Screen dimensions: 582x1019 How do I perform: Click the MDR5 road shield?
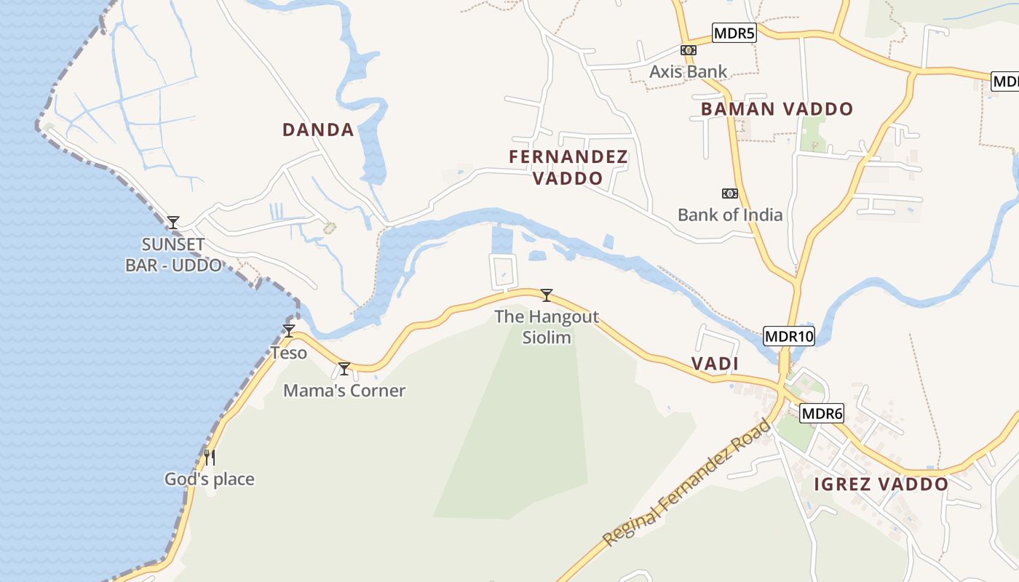pos(734,33)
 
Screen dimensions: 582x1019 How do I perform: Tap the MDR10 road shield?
pos(789,337)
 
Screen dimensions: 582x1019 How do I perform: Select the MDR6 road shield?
pos(822,414)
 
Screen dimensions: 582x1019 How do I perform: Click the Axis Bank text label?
pos(688,71)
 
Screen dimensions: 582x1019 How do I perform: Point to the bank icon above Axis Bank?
pos(688,50)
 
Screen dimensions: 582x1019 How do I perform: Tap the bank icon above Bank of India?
pos(729,194)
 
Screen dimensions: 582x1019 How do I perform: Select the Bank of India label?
pos(730,215)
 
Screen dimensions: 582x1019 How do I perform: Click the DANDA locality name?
pos(318,130)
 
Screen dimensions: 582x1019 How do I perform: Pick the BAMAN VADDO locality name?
pos(777,109)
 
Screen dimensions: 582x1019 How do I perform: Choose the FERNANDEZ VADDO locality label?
pos(568,167)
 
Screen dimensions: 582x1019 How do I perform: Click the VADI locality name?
pos(715,364)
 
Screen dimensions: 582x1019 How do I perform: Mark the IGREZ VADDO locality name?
pos(881,485)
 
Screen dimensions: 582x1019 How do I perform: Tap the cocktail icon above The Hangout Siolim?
pos(547,295)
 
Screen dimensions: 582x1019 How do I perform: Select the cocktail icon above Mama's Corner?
pos(344,369)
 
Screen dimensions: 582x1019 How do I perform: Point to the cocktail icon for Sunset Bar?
pos(173,223)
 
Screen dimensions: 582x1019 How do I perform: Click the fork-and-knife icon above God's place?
pos(210,457)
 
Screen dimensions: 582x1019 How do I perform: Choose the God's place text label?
pos(210,479)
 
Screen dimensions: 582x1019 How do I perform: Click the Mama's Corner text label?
pos(344,391)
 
